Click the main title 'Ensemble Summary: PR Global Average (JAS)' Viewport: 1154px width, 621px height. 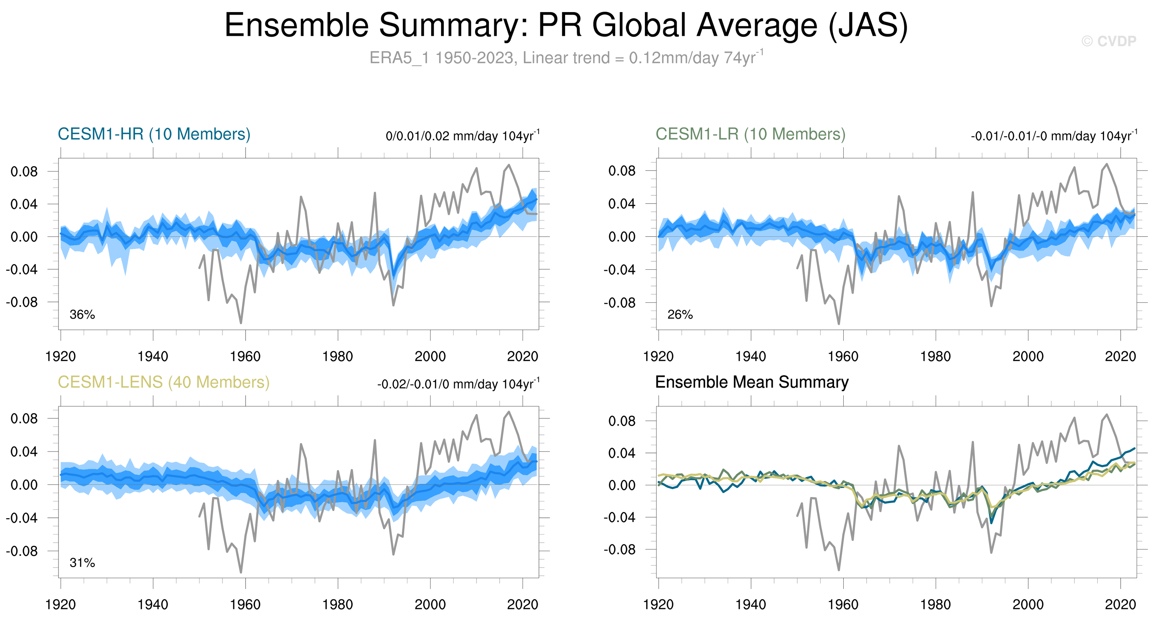(x=566, y=25)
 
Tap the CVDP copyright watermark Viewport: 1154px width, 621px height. (x=1108, y=41)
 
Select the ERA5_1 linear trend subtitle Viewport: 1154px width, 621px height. (x=566, y=58)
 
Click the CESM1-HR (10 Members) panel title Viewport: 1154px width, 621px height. (x=154, y=134)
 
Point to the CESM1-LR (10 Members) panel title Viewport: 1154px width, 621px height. (x=750, y=134)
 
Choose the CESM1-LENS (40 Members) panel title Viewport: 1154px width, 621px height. (x=163, y=382)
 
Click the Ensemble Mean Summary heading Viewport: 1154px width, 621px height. (x=752, y=382)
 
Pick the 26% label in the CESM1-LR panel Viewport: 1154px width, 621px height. (x=680, y=314)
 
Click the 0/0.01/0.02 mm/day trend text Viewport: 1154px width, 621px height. (x=462, y=136)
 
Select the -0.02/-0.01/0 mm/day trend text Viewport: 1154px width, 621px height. (x=458, y=384)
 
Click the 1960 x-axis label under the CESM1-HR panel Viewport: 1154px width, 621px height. (x=245, y=357)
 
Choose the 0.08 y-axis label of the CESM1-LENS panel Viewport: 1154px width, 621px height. (x=24, y=419)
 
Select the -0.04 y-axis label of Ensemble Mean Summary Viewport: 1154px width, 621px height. (x=619, y=517)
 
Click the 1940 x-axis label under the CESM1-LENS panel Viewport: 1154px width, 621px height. (x=153, y=605)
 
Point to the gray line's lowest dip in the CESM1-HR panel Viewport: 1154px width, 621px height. (x=241, y=323)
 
